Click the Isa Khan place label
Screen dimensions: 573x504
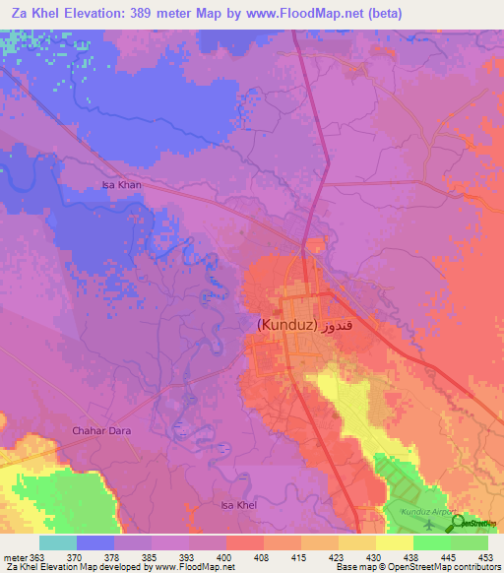click(123, 184)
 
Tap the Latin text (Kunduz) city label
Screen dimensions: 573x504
click(286, 324)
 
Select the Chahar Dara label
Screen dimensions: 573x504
click(102, 430)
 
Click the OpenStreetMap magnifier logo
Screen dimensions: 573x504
click(458, 524)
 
